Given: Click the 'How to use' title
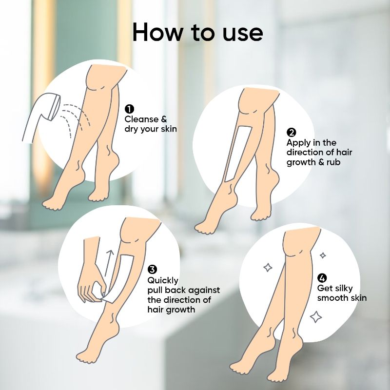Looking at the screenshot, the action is [x=198, y=32].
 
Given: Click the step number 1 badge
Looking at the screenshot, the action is [x=130, y=109].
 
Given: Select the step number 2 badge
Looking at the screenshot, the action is [x=291, y=132].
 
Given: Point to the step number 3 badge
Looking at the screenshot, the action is [x=152, y=270].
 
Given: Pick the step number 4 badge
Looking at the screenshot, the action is [x=322, y=277].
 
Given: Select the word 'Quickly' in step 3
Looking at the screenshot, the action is [x=163, y=281].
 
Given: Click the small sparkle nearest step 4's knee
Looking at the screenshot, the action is [x=323, y=255].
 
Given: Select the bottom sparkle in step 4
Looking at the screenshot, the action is [x=316, y=317].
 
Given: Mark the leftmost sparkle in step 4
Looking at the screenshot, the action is [x=268, y=267].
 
